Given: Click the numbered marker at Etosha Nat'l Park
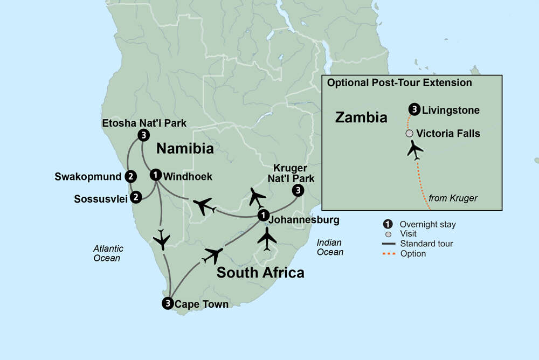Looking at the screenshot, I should point(143,135).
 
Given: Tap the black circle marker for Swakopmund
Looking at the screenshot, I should point(130,176).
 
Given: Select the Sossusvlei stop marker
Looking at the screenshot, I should point(136,197).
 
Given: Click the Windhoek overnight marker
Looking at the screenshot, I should point(156,175).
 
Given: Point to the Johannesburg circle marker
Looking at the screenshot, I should point(263,215).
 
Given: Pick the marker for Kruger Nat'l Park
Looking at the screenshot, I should point(298,190).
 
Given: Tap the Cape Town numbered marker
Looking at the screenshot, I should point(168,303).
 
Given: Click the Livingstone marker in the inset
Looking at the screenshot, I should point(414,110).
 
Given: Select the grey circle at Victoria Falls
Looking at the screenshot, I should point(410,133).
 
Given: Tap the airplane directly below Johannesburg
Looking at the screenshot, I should point(267,238).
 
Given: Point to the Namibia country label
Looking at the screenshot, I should point(185,148).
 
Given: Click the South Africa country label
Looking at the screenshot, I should point(260,273).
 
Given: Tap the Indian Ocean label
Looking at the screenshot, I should point(330,247).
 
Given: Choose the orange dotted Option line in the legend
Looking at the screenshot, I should point(386,253).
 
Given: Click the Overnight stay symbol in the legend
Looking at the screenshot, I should point(386,224).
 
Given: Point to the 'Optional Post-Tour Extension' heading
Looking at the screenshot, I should point(399,83).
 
